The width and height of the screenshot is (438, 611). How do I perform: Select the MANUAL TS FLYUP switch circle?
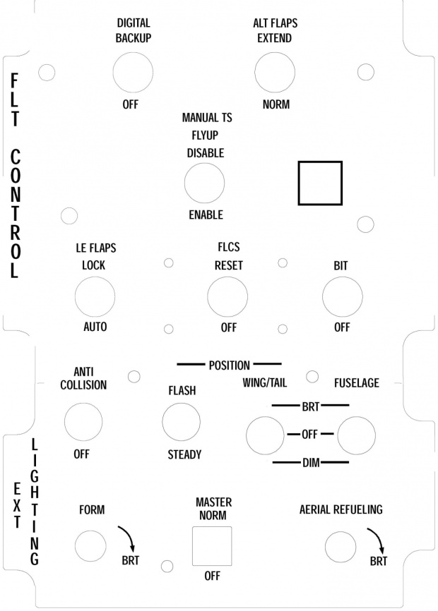click(x=205, y=183)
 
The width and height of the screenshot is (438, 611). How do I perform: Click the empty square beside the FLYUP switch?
click(x=320, y=183)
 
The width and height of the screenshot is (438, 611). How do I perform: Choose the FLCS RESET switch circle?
click(x=227, y=296)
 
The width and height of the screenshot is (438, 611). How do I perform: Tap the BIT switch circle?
click(x=343, y=296)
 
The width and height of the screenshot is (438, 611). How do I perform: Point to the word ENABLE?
click(x=206, y=214)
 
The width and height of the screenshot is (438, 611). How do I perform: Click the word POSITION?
click(x=229, y=365)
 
